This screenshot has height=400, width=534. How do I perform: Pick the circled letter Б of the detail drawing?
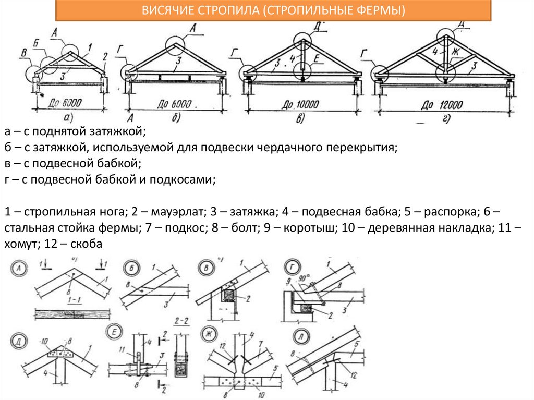[x=129, y=269]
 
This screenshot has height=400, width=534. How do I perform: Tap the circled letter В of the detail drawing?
[x=204, y=269]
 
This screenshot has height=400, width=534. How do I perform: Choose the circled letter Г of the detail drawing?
[x=291, y=269]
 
